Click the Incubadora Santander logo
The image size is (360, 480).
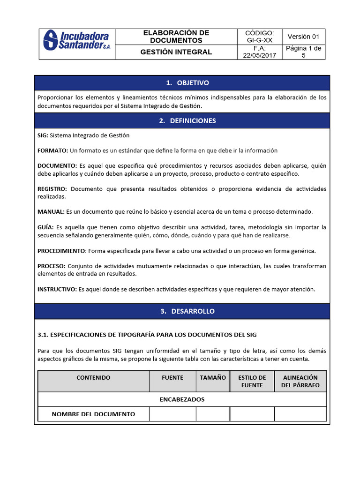tap(76, 41)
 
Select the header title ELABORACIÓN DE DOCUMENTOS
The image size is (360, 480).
tap(176, 37)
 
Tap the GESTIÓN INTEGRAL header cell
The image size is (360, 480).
tap(176, 52)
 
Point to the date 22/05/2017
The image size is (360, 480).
tap(259, 55)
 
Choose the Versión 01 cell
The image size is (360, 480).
tap(303, 37)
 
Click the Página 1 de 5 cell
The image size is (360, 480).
tap(303, 52)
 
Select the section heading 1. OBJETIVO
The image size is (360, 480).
tap(182, 83)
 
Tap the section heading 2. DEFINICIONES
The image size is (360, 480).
tap(182, 120)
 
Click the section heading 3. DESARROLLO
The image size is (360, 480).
tap(182, 311)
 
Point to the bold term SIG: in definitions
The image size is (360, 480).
tap(43, 135)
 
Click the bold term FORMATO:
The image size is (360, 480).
tap(52, 150)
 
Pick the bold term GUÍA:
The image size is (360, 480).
tap(45, 227)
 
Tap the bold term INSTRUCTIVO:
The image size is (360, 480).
tap(57, 289)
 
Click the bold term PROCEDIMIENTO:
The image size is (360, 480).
tap(62, 251)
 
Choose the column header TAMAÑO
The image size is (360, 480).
tap(213, 377)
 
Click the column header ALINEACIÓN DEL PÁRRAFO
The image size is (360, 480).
tap(300, 381)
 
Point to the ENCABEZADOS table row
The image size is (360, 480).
tap(182, 399)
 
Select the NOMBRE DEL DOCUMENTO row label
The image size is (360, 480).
tap(93, 414)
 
